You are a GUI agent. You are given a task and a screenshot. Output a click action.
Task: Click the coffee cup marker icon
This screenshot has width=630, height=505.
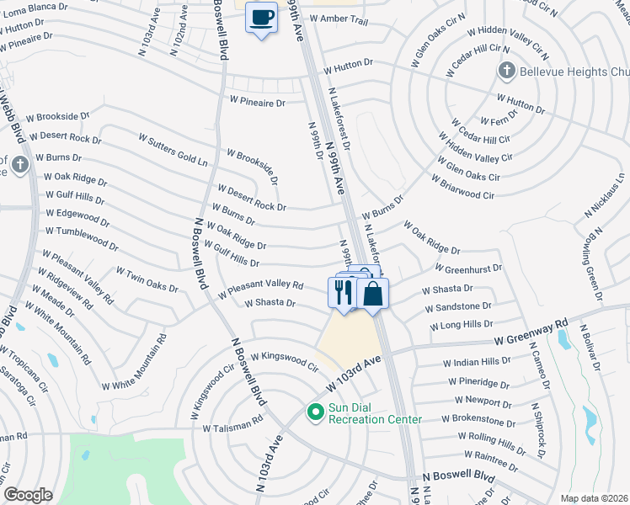[x=261, y=17]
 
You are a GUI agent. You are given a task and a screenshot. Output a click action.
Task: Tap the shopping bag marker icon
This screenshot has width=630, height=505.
[x=372, y=294]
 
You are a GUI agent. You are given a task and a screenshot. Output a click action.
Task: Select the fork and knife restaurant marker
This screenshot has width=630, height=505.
[x=343, y=292]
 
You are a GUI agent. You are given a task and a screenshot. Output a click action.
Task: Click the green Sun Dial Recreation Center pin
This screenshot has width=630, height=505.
[x=315, y=412]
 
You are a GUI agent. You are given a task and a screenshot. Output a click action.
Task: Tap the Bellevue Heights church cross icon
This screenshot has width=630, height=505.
[x=505, y=72]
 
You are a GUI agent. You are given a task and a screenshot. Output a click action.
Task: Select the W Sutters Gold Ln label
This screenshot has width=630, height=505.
[x=178, y=148]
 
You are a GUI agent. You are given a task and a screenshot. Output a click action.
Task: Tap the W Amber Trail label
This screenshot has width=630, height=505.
[x=339, y=18]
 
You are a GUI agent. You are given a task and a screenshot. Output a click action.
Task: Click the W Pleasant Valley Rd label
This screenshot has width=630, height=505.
[x=260, y=290]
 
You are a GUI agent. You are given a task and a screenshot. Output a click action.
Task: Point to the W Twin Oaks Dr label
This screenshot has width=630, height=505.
[x=147, y=280]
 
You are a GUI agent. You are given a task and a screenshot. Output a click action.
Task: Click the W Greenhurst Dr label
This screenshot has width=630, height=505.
[x=468, y=268]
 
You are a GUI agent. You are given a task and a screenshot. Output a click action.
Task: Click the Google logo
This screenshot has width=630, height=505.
[x=28, y=494]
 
